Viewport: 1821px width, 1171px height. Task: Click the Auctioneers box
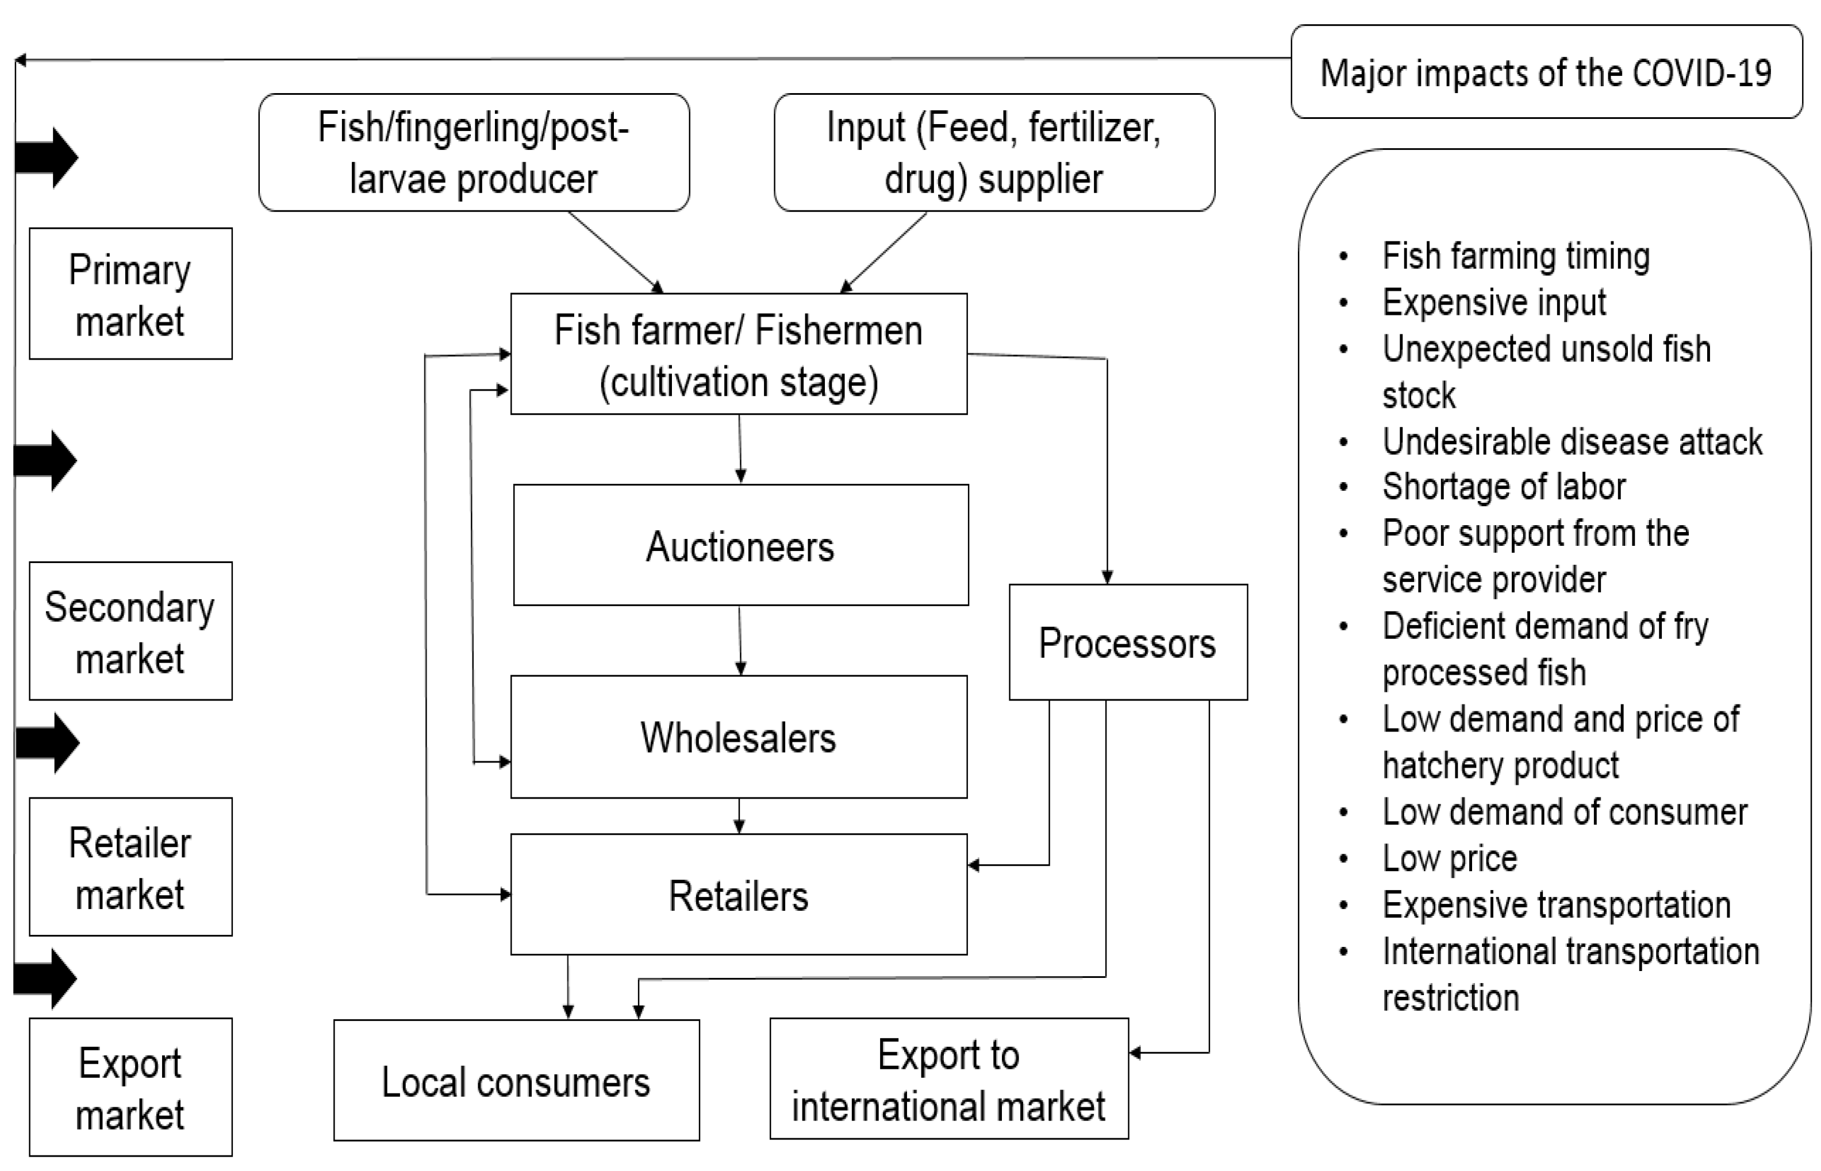tap(740, 545)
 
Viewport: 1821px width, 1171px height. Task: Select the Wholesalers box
tap(739, 737)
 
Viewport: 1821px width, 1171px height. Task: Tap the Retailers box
tap(739, 895)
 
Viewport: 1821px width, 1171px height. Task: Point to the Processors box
tap(1127, 642)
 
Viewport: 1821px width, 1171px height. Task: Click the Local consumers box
tap(516, 1081)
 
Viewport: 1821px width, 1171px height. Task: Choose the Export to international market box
tap(948, 1079)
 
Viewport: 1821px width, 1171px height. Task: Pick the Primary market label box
tap(130, 294)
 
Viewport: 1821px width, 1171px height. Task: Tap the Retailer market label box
tap(130, 867)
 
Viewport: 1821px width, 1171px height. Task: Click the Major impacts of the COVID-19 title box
tap(1546, 72)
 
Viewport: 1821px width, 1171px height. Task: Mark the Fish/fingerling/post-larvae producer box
tap(473, 153)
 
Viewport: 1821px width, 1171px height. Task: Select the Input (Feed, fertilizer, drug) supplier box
tap(993, 153)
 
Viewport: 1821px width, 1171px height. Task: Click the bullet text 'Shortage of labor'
tap(1503, 487)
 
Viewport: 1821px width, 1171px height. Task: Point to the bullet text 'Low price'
tap(1449, 858)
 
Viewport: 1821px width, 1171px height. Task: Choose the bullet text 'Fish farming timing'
tap(1515, 256)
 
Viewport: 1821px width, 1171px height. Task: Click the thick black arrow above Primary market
tap(47, 157)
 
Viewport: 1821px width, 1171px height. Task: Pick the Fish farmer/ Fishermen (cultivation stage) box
tap(739, 355)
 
